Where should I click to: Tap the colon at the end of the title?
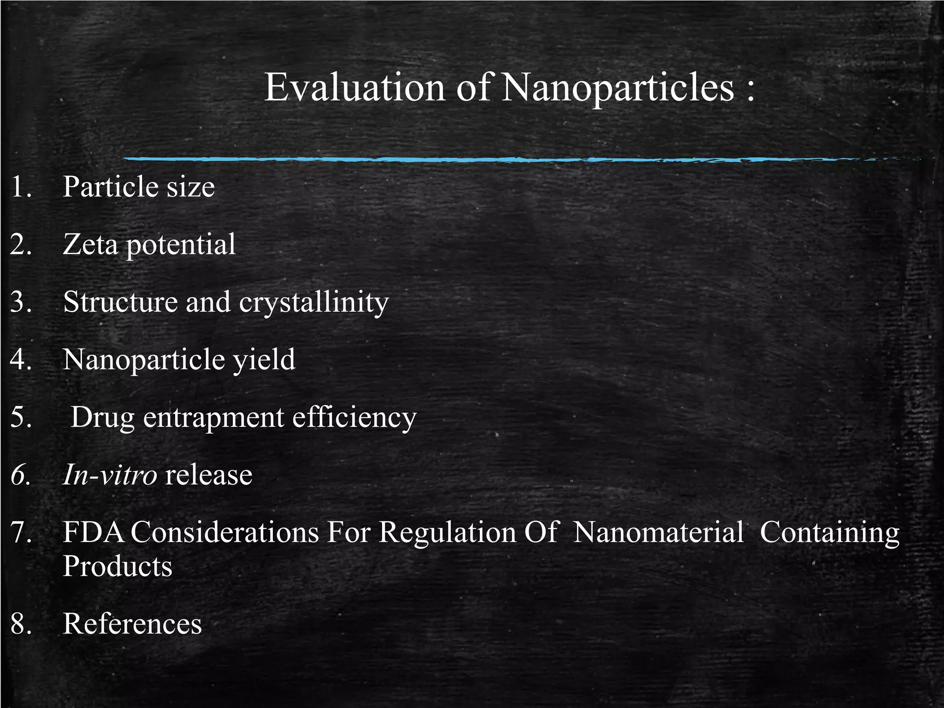pos(750,88)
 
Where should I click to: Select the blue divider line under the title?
pos(507,159)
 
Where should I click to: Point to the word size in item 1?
pos(190,187)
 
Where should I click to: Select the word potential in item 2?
pos(181,245)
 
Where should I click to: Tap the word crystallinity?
pos(314,303)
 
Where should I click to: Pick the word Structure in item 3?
pos(120,302)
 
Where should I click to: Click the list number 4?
pos(21,360)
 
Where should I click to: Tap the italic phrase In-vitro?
pos(110,475)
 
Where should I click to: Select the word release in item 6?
pos(208,475)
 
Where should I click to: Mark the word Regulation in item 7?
pos(448,533)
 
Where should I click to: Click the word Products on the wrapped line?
pos(117,566)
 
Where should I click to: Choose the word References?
pos(132,624)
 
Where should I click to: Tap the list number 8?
pos(21,624)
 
